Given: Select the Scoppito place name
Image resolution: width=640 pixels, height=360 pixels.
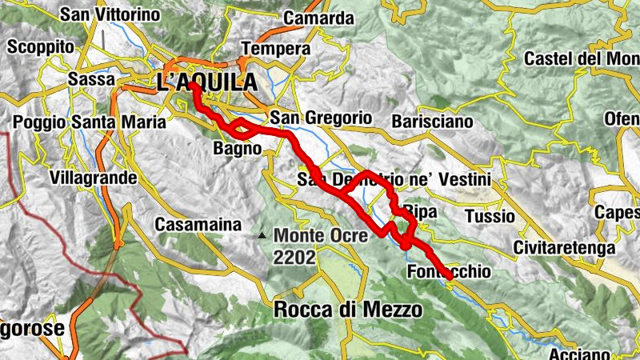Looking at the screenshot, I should click(x=41, y=47).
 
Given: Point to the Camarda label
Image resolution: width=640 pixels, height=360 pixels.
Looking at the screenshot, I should click(x=318, y=18).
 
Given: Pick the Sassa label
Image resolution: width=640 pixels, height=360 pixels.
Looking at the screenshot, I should click(x=94, y=80).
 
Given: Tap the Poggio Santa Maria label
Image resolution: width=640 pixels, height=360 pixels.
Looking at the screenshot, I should click(x=90, y=122).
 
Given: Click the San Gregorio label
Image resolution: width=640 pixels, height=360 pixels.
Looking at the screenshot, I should click(x=321, y=118).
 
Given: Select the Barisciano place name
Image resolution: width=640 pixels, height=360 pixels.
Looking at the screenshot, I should click(x=433, y=122).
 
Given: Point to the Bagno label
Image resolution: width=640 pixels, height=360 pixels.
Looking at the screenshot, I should click(x=238, y=149).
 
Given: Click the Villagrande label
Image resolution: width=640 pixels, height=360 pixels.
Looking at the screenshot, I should click(x=93, y=178).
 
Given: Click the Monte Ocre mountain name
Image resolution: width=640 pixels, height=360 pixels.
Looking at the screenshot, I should click(x=321, y=236).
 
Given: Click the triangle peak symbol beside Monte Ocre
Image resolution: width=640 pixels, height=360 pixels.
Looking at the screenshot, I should click(x=262, y=236).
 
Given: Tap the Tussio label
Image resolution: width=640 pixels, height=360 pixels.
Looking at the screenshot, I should click(x=490, y=216).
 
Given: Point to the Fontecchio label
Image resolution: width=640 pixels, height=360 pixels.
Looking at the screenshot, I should click(x=449, y=273).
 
